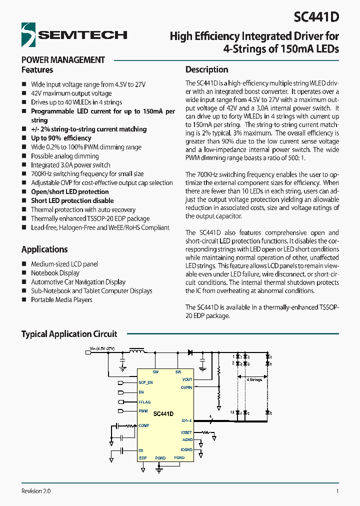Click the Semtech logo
pos(74,34)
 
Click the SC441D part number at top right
pos(316,17)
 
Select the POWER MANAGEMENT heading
pos(63,60)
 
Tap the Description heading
pos(206,69)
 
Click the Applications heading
pos(44,249)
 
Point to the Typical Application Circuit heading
pos(69,334)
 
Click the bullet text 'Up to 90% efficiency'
pos(61,138)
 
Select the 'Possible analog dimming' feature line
pos(65,156)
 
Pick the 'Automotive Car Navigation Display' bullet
pos(78,282)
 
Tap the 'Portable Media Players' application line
pos(61,300)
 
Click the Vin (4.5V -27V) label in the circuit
pos(102,348)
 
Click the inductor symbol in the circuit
pos(137,351)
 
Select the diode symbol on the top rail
pos(190,352)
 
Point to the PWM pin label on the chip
pos(143,411)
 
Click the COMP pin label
pos(144,425)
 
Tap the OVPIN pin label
pos(186,386)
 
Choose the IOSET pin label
pos(186,432)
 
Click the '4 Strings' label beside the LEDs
pos(254,379)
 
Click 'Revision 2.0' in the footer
pos(36,491)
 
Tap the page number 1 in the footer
pos(337,491)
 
